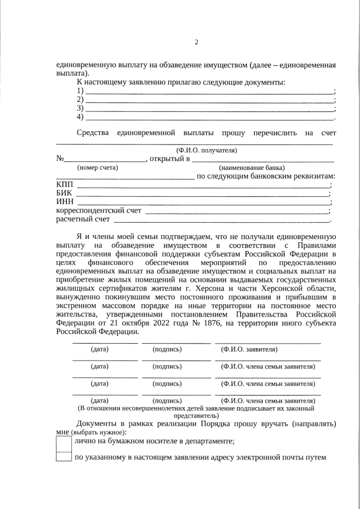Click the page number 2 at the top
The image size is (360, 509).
pyautogui.click(x=196, y=43)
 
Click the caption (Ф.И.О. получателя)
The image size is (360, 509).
pyautogui.click(x=206, y=150)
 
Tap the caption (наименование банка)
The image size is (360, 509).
pyautogui.click(x=251, y=168)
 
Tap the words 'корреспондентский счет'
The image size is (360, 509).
pyautogui.click(x=98, y=211)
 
